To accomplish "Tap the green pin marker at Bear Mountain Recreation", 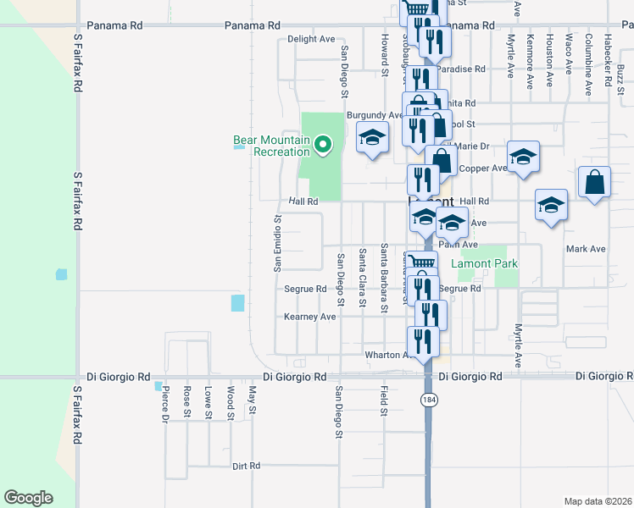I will pyautogui.click(x=322, y=146).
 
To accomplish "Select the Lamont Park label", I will pyautogui.click(x=484, y=263).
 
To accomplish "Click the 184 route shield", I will pyautogui.click(x=430, y=398).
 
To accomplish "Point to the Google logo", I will pyautogui.click(x=28, y=498).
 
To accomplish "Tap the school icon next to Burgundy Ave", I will pyautogui.click(x=371, y=138).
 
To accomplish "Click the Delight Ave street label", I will pyautogui.click(x=311, y=39).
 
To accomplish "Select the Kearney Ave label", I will pyautogui.click(x=310, y=317).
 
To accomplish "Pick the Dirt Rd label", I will pyautogui.click(x=246, y=466).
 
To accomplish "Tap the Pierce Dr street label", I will pyautogui.click(x=166, y=403).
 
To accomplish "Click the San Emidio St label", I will pyautogui.click(x=277, y=243).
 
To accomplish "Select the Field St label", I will pyautogui.click(x=383, y=401).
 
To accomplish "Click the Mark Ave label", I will pyautogui.click(x=586, y=249).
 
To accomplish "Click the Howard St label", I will pyautogui.click(x=384, y=56).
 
